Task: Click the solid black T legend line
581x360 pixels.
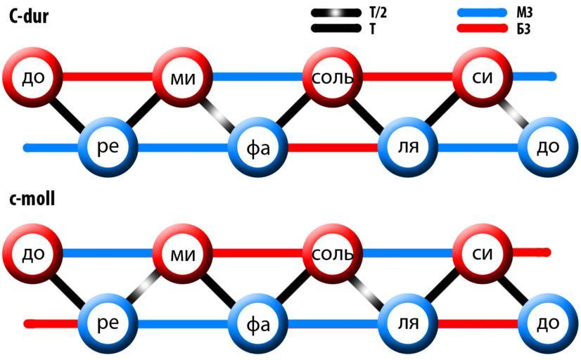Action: coord(336,29)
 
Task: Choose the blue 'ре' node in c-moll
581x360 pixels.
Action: coord(107,323)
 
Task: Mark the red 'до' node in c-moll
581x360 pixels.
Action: coord(33,252)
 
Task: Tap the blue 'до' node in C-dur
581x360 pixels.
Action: coord(547,148)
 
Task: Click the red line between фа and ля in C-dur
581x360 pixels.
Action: coord(333,148)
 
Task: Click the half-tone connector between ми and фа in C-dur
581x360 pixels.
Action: coord(220,112)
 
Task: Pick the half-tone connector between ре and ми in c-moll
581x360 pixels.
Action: coord(145,287)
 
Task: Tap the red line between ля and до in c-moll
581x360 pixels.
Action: coord(478,323)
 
